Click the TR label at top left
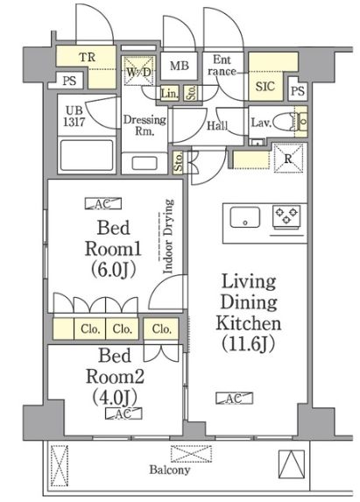tap(88, 59)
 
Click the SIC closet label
tap(265, 87)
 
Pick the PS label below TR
tap(68, 81)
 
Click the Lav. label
tap(260, 123)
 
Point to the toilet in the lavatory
tap(286, 123)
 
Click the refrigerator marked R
tap(289, 158)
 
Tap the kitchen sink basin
tap(245, 216)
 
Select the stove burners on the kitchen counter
tap(286, 216)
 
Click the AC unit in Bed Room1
tap(102, 204)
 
